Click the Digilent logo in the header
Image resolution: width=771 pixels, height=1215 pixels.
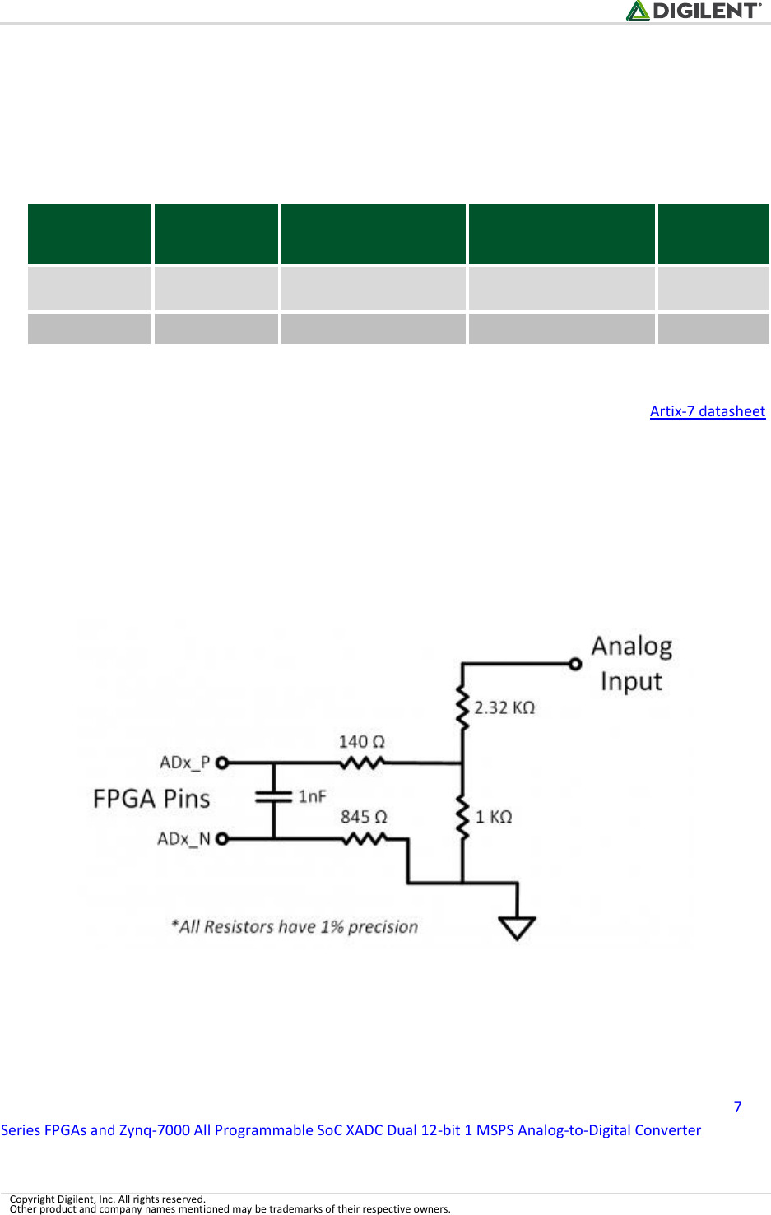pos(694,11)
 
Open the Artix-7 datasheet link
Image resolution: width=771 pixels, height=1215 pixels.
pos(707,411)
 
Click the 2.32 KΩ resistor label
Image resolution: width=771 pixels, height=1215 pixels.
pos(504,707)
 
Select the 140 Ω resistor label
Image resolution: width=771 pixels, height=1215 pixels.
pos(361,741)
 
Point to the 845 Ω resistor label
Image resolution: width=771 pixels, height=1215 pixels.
pos(363,817)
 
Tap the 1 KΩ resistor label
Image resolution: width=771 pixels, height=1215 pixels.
pos(493,817)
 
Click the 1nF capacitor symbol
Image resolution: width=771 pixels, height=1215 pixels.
pos(273,796)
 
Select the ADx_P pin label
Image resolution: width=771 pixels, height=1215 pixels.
pos(184,763)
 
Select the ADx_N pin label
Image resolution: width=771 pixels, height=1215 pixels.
pos(183,839)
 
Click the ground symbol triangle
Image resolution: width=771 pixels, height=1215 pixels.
pos(517,927)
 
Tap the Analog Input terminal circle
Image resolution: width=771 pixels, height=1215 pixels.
pos(575,664)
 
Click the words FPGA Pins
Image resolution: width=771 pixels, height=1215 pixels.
pos(151,799)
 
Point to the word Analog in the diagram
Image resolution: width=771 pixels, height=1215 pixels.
pos(631,647)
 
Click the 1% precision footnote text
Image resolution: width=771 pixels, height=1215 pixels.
pos(295,927)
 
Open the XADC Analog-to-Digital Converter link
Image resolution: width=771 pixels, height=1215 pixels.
pos(351,1130)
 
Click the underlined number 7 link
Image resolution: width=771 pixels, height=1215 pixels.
pos(737,1107)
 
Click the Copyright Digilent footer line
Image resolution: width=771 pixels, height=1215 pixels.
pos(107,1199)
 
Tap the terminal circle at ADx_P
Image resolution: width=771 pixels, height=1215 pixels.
pos(221,763)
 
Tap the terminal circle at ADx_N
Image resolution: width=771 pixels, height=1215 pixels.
pos(221,839)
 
